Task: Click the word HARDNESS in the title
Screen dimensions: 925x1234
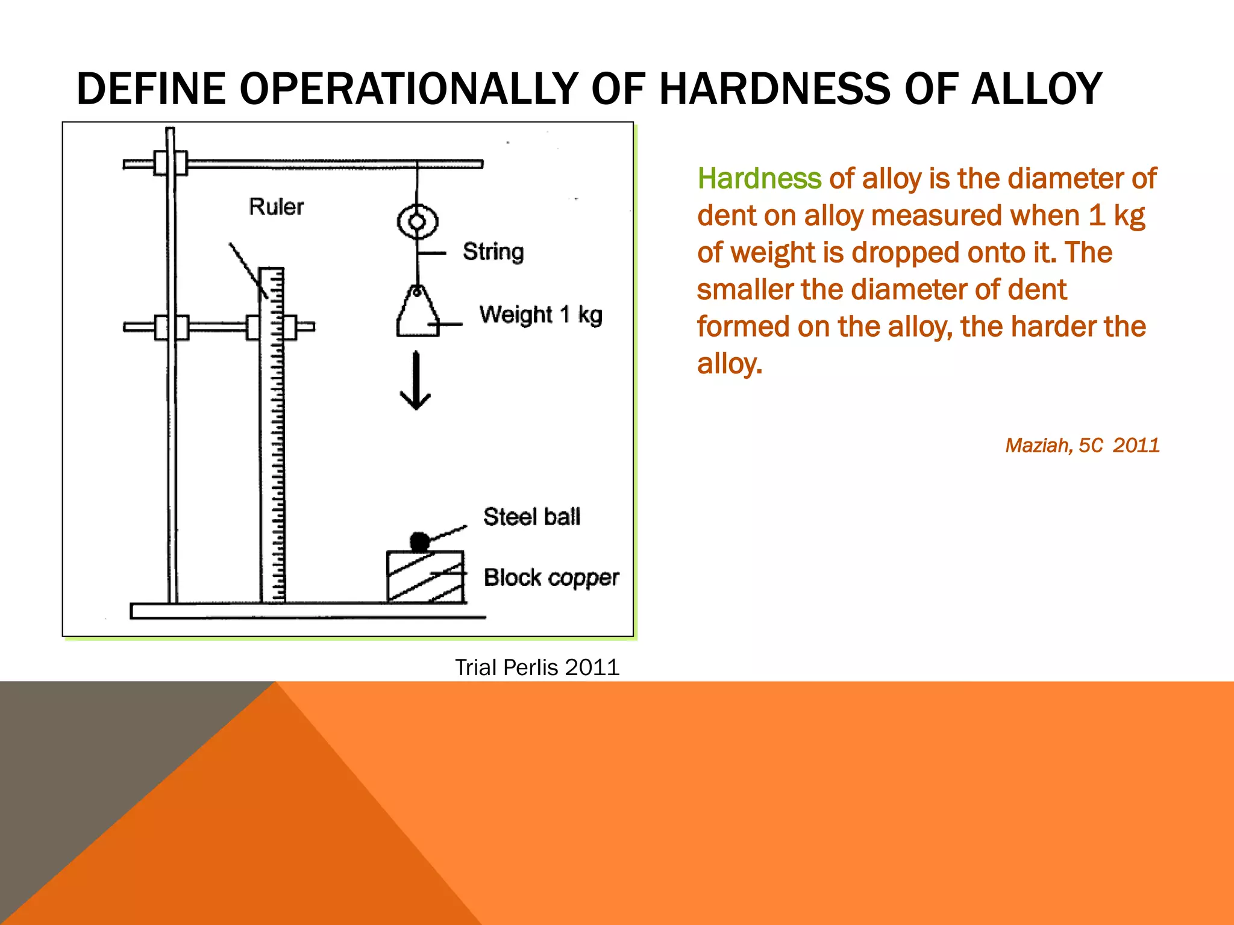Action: (775, 89)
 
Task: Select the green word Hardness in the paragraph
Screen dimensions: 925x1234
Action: (759, 179)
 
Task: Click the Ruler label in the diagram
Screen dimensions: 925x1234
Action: (277, 207)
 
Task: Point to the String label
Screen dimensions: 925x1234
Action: (493, 252)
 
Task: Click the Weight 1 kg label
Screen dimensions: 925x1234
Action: (540, 315)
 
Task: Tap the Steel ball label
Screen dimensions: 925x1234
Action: (531, 517)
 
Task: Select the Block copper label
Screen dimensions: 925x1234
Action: (551, 578)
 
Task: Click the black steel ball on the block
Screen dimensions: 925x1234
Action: (419, 542)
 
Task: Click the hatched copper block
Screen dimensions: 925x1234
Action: (425, 577)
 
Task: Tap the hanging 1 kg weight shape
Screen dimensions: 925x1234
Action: (417, 313)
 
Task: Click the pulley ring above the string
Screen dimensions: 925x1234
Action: (417, 222)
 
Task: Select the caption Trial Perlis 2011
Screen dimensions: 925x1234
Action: (537, 667)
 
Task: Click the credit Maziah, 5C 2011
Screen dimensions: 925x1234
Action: (1082, 446)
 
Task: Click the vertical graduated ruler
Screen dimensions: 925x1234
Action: (272, 434)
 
